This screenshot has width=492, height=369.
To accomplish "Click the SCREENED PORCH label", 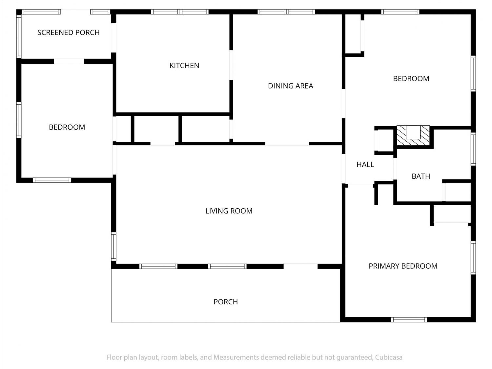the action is pos(68,32).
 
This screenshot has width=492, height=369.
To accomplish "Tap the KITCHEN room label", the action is pos(184,65).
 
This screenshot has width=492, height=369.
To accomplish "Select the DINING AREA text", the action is pos(291,86).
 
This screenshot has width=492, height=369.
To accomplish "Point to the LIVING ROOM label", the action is pos(229,211).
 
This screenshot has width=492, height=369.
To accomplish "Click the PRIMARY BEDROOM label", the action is pos(403,266).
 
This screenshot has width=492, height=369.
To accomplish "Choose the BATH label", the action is pos(421,176).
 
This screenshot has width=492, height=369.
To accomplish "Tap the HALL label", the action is pos(365,164).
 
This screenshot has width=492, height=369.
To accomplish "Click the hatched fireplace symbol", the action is pos(413,135).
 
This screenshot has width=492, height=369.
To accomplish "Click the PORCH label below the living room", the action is pos(226,302).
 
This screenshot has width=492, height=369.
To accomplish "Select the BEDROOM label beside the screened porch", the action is pos(67,127).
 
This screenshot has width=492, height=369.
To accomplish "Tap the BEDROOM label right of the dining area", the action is pos(411,79).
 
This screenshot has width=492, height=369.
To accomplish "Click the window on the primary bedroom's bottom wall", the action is pos(409,320).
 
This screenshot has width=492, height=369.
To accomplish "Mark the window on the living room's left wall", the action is pos(113,246).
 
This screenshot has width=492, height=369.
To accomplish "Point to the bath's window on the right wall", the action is pos(473,149).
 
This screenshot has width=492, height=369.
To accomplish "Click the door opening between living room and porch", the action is pos(300,266).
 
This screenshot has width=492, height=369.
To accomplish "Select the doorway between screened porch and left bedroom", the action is pos(69,61).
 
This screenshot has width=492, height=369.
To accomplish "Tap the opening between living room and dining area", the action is pos(287,144).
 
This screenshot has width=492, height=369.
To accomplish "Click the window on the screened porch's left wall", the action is pos(19,36).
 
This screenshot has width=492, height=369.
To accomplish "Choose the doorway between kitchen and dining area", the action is pos(231,65).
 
